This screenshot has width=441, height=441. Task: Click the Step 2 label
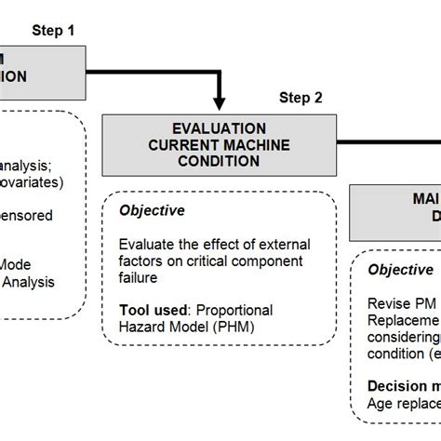(x=301, y=97)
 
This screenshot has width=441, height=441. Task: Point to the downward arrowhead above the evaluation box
(x=220, y=101)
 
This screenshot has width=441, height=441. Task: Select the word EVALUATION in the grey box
(x=220, y=127)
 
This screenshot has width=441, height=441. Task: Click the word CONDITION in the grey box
(x=220, y=160)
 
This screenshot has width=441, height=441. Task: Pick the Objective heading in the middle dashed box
(x=152, y=211)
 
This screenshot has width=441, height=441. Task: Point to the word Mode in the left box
(x=19, y=264)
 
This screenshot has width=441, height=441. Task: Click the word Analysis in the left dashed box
(x=28, y=281)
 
